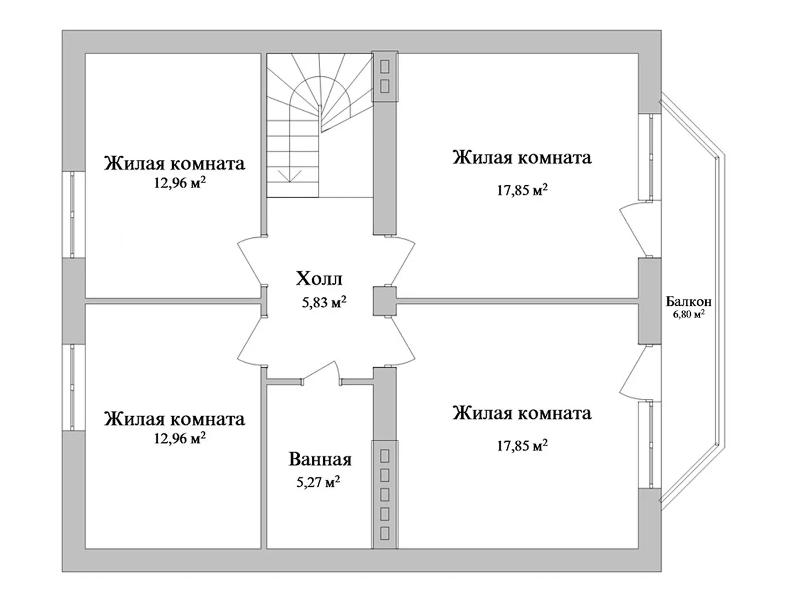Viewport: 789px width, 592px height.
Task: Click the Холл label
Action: (x=319, y=279)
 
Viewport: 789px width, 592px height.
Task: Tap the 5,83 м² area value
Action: (x=324, y=302)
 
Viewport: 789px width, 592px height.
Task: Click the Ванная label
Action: (x=320, y=459)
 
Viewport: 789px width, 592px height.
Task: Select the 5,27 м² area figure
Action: (x=318, y=482)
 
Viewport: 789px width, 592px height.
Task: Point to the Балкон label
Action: (x=689, y=301)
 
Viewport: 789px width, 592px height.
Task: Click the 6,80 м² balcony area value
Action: (x=688, y=315)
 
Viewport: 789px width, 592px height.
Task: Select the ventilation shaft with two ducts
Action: (x=385, y=76)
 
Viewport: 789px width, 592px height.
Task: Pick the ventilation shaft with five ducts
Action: (x=385, y=494)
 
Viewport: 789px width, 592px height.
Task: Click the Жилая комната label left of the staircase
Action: (x=174, y=163)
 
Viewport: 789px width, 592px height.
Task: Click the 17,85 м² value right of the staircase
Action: (x=522, y=190)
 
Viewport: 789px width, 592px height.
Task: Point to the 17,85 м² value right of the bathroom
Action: (x=522, y=446)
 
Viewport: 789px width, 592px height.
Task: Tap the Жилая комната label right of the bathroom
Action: (x=522, y=413)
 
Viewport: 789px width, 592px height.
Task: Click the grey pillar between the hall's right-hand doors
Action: (x=384, y=301)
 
